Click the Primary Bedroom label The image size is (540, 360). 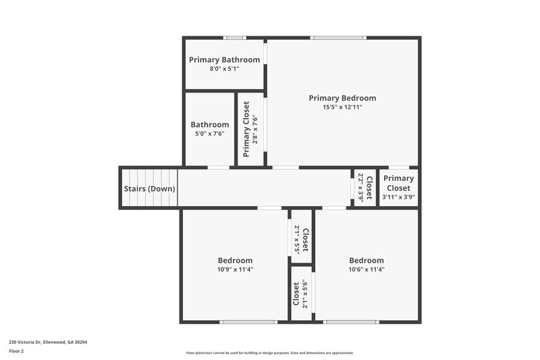click(x=342, y=98)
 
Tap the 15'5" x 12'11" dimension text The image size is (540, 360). click(x=342, y=107)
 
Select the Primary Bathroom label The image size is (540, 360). click(x=224, y=59)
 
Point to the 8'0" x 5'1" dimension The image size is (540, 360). click(x=224, y=68)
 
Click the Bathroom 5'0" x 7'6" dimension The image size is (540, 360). click(x=209, y=133)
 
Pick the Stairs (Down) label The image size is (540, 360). click(x=148, y=189)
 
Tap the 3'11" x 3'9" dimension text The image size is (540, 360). click(x=398, y=197)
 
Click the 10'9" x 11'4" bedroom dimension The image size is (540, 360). click(x=235, y=269)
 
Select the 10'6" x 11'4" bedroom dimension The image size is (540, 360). click(x=367, y=269)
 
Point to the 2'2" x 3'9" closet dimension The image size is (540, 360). click(x=361, y=188)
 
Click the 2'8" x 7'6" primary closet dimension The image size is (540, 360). click(x=255, y=128)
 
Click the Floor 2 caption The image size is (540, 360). click(x=17, y=351)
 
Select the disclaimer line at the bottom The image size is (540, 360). click(x=269, y=353)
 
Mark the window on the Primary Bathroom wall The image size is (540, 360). click(x=235, y=38)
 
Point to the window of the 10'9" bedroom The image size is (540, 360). click(x=248, y=322)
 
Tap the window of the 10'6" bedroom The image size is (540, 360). click(x=350, y=322)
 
